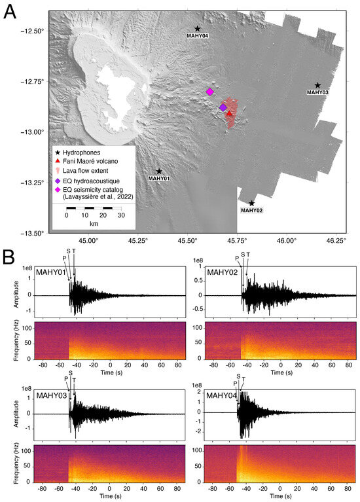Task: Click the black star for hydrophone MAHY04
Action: click(x=198, y=29)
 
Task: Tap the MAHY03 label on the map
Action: click(x=317, y=93)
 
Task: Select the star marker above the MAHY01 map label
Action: click(x=159, y=171)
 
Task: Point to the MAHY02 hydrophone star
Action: click(x=252, y=203)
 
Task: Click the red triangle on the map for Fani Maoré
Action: click(x=229, y=114)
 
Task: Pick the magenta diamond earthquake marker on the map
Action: click(x=209, y=92)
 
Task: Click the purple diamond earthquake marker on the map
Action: click(x=223, y=107)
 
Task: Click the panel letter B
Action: click(x=10, y=255)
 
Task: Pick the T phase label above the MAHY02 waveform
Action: click(x=248, y=254)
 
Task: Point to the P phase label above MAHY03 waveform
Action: click(x=65, y=378)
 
